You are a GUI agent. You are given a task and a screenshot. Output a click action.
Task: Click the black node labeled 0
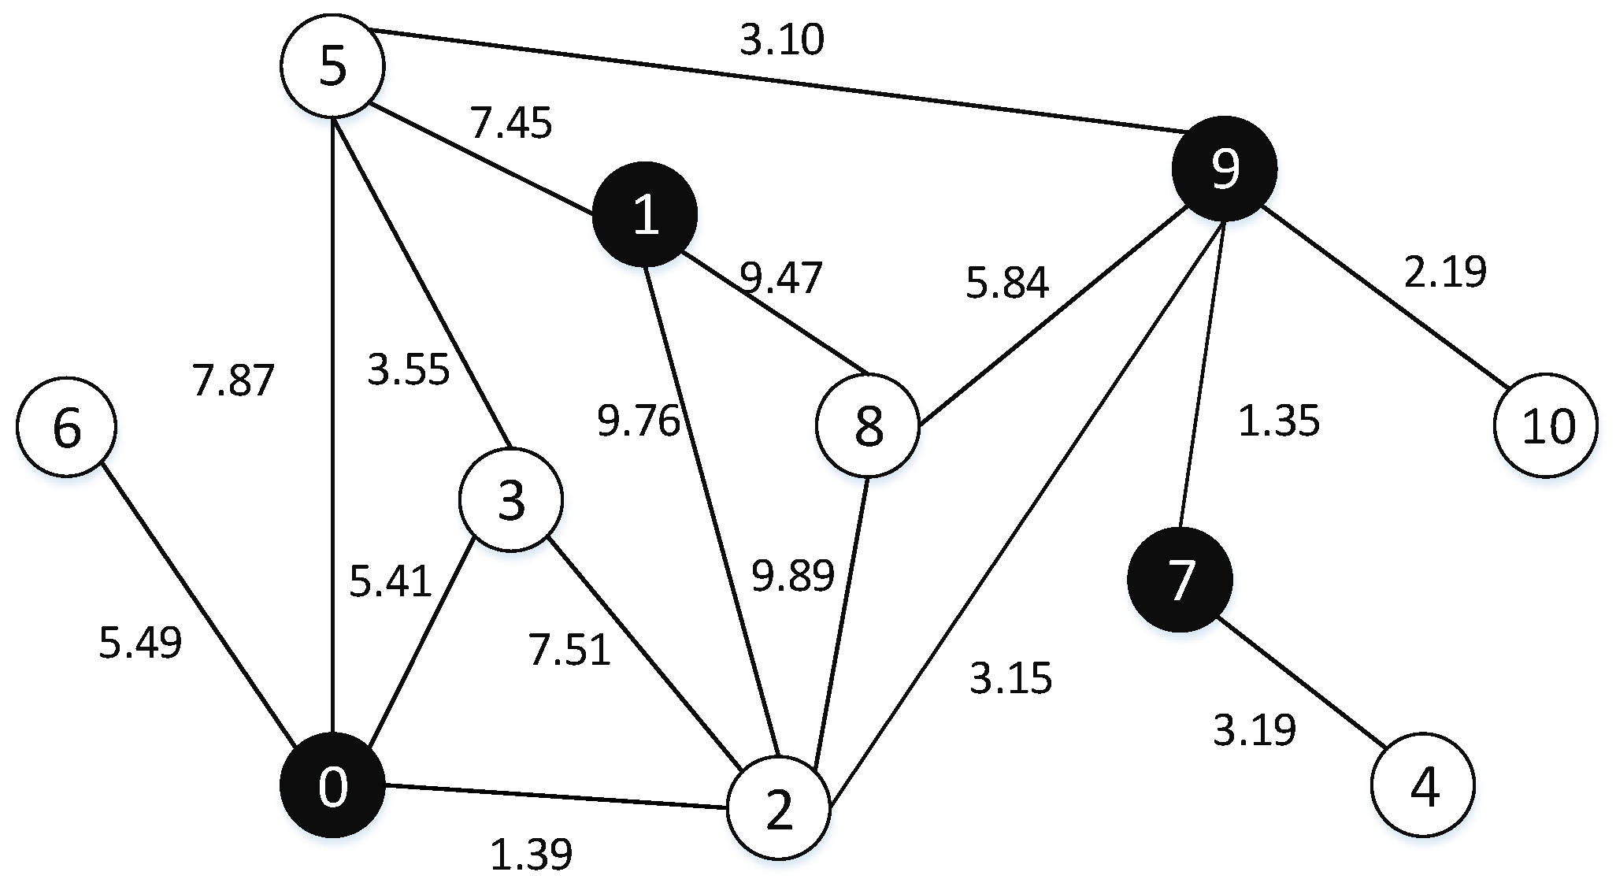point(333,785)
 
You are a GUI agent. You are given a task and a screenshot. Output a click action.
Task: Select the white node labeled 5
point(333,67)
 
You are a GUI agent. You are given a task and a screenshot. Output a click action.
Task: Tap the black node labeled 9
point(1224,169)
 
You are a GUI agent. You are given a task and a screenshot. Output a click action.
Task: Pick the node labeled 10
point(1546,425)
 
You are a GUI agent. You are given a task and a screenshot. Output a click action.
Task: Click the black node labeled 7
point(1180,580)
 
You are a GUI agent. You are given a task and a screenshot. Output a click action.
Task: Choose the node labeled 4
point(1423,785)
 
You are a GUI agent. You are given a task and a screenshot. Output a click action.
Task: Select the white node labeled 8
point(868,426)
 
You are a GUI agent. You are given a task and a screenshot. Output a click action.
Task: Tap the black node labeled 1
point(645,213)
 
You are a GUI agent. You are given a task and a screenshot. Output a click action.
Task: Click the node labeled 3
point(511,500)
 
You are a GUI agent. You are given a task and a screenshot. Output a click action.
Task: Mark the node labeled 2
point(778,809)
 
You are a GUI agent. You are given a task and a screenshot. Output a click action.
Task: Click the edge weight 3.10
point(782,39)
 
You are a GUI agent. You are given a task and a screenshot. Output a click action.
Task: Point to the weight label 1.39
point(531,855)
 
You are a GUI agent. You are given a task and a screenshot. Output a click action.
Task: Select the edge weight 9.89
point(792,575)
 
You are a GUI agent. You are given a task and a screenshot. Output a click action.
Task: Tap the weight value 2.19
point(1445,272)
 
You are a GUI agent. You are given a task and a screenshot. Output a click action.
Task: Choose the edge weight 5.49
point(140,642)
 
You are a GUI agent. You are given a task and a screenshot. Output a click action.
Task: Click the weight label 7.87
point(233,380)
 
